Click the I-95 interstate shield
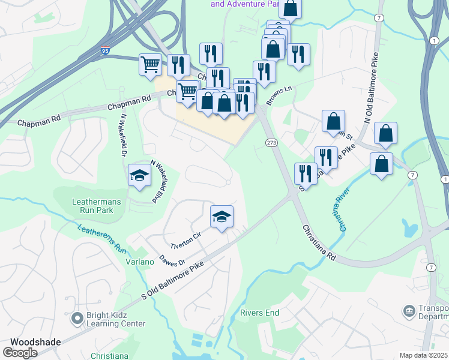pyautogui.click(x=105, y=53)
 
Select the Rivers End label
pyautogui.click(x=259, y=313)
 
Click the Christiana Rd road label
pyautogui.click(x=318, y=242)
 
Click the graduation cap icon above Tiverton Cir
pyautogui.click(x=221, y=217)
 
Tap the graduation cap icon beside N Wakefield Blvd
pyautogui.click(x=139, y=175)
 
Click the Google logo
pyautogui.click(x=20, y=353)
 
